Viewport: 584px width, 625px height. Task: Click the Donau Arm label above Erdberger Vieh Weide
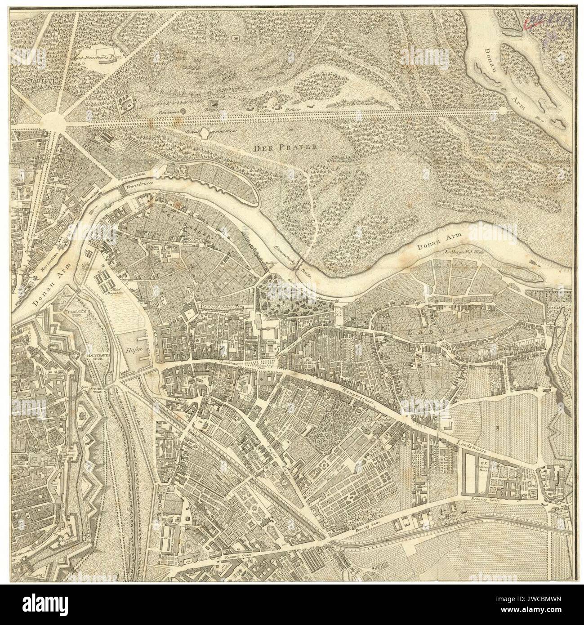[431, 245]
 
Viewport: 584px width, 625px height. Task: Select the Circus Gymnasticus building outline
[205, 132]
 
